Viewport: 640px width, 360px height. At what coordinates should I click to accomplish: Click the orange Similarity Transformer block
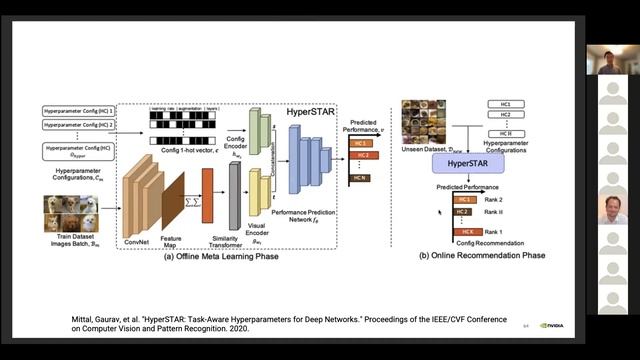(208, 194)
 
